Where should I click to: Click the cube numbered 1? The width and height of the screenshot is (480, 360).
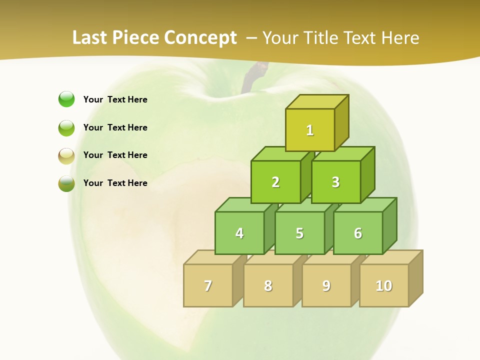click(x=310, y=130)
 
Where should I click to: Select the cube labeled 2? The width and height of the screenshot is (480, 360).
click(x=275, y=182)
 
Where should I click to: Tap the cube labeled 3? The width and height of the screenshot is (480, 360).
click(x=335, y=182)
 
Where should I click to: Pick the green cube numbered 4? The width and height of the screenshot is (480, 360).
click(x=239, y=233)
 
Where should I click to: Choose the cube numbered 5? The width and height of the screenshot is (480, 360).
click(x=299, y=233)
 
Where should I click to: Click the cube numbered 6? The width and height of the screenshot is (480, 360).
click(x=358, y=233)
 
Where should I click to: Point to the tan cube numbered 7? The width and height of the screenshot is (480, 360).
click(x=208, y=285)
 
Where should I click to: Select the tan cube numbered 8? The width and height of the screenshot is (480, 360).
click(x=268, y=285)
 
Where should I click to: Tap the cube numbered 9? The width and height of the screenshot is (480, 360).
click(x=326, y=285)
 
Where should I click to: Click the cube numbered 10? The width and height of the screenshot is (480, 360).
click(x=384, y=285)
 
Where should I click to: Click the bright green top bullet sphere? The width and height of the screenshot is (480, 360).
click(x=66, y=99)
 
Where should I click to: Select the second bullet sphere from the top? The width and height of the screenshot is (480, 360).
click(x=66, y=128)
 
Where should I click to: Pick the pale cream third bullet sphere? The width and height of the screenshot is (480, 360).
click(x=66, y=156)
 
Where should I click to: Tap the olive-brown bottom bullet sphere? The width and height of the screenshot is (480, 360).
click(x=66, y=183)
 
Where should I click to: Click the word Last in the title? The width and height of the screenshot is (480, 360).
click(x=90, y=37)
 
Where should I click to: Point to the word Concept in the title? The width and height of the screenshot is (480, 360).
click(x=200, y=37)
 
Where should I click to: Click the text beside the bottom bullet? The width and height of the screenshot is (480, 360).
click(x=115, y=183)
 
